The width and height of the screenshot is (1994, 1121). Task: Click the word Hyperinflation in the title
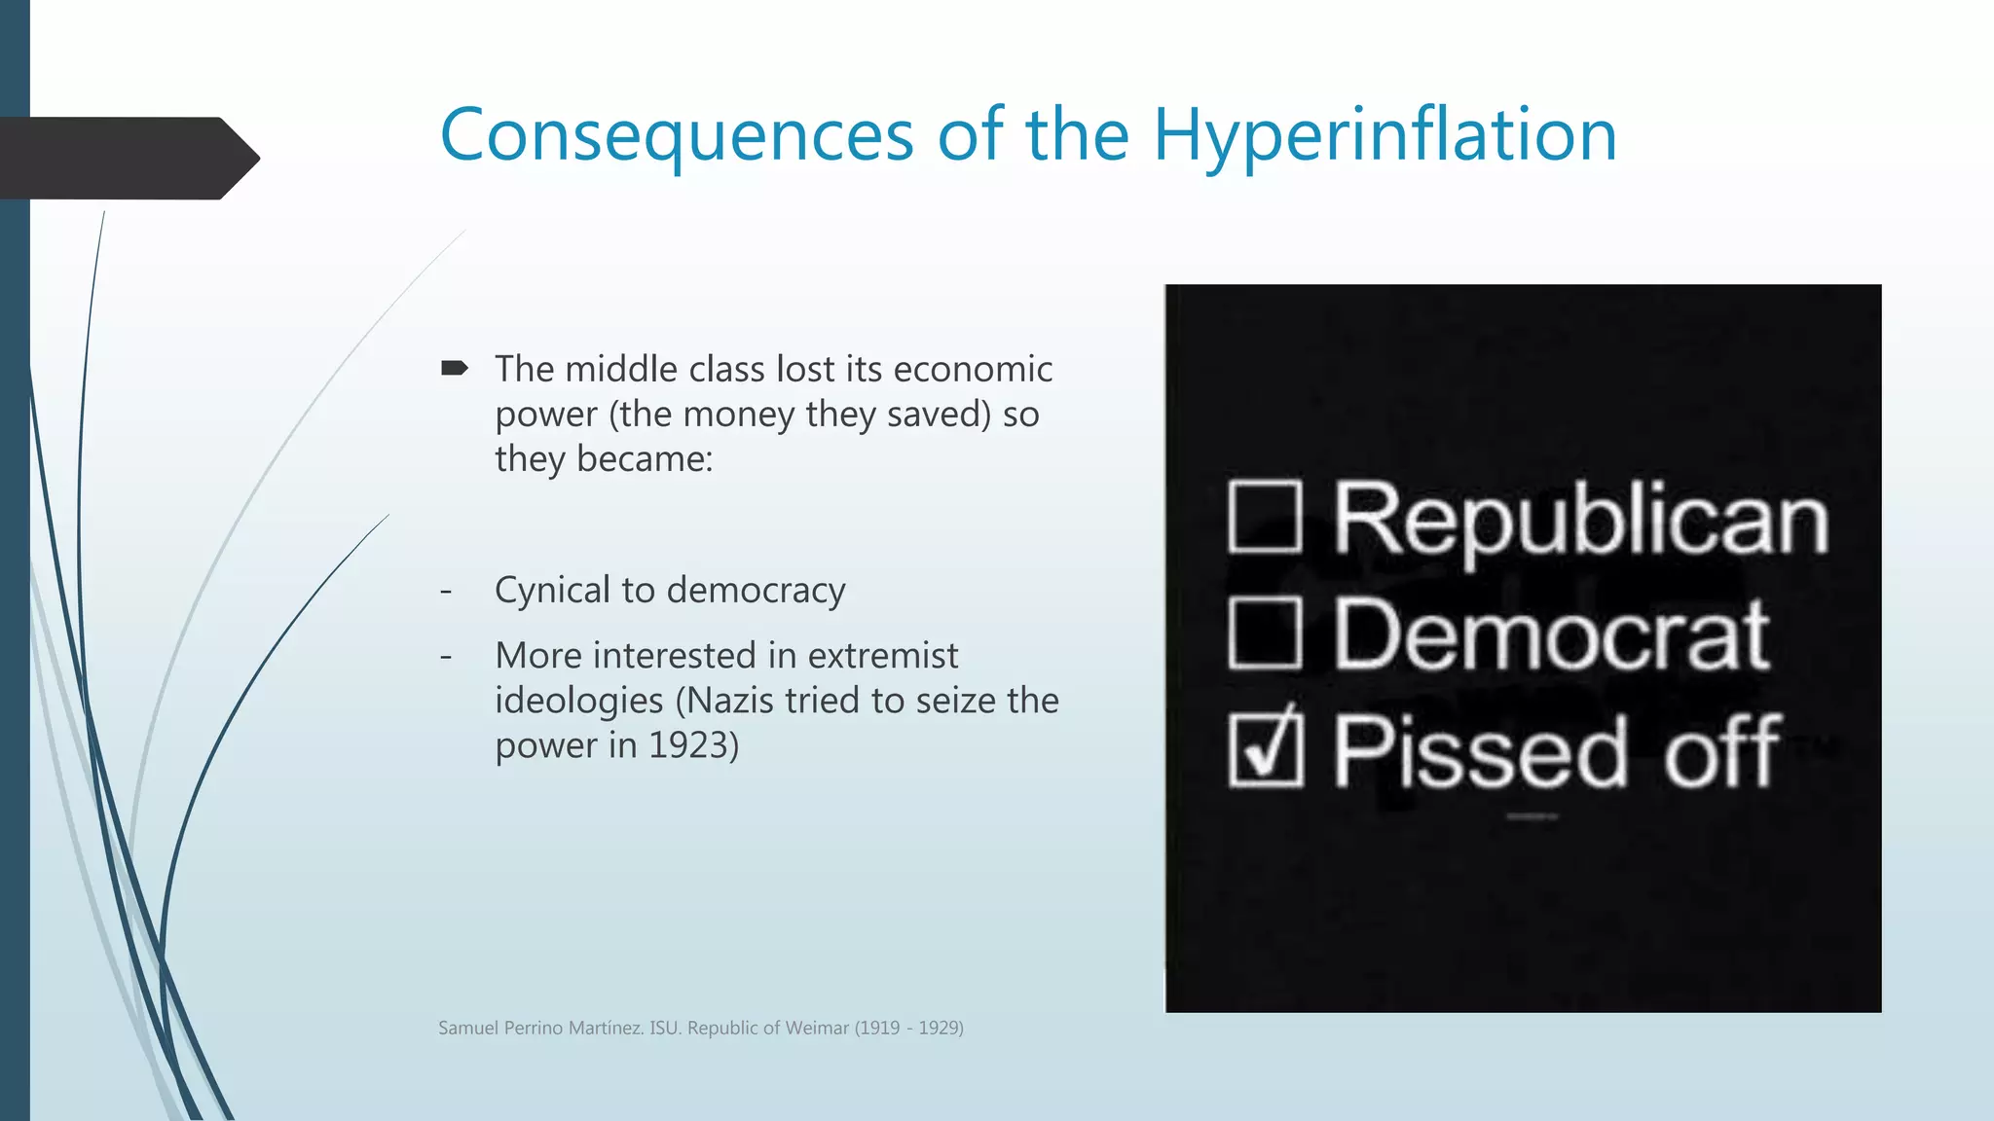click(1385, 136)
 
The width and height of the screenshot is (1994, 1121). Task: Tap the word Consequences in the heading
click(677, 136)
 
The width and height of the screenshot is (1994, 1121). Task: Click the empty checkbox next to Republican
click(1265, 517)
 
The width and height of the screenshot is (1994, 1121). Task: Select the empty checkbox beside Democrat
click(1265, 633)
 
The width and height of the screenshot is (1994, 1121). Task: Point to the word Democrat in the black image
click(1551, 635)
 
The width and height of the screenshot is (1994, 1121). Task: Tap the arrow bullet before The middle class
click(454, 368)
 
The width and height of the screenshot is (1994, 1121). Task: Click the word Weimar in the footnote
click(818, 1028)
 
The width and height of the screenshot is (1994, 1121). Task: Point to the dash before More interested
click(446, 656)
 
